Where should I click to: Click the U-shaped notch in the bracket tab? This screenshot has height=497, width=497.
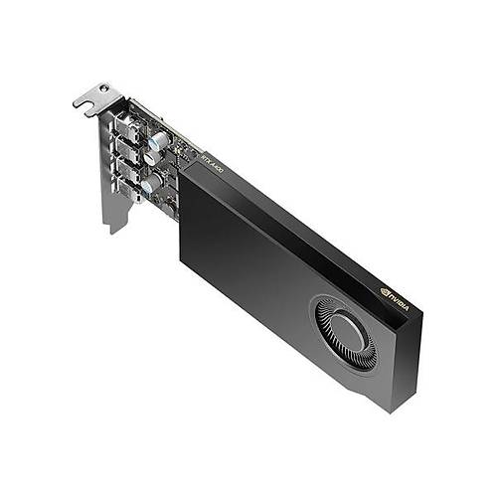tap(84, 102)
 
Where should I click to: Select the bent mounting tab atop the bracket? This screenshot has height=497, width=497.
tap(95, 97)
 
